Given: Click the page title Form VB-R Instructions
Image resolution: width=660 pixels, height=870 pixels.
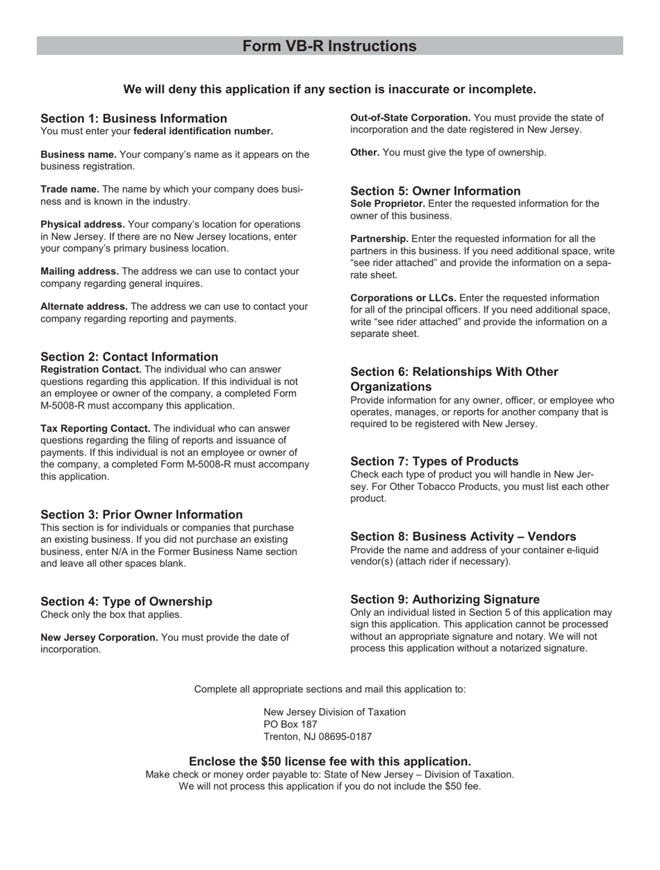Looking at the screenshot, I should click(x=329, y=46).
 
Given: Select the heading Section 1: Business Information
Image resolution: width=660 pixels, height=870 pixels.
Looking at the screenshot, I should click(x=133, y=119).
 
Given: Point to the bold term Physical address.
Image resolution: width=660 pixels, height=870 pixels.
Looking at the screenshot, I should click(x=83, y=224).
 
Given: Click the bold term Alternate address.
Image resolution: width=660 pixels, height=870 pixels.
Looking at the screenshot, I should click(x=84, y=306).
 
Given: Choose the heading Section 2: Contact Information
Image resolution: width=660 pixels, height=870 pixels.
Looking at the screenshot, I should click(x=129, y=356).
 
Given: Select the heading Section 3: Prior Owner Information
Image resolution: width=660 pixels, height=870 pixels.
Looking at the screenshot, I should click(x=142, y=515).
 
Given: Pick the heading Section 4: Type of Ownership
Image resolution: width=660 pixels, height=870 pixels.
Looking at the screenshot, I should click(x=126, y=602).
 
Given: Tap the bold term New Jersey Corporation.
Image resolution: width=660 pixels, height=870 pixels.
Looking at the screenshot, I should click(x=99, y=637).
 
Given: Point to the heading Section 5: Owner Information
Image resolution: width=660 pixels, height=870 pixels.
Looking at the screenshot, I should click(x=436, y=191).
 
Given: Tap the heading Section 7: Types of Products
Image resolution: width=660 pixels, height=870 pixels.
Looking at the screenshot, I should click(x=434, y=461).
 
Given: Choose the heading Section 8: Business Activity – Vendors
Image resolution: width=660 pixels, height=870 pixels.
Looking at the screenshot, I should click(x=463, y=536).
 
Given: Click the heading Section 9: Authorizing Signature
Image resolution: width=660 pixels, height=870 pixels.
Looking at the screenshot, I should click(x=445, y=600).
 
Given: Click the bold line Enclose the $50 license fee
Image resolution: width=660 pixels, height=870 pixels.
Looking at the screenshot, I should click(x=329, y=762).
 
